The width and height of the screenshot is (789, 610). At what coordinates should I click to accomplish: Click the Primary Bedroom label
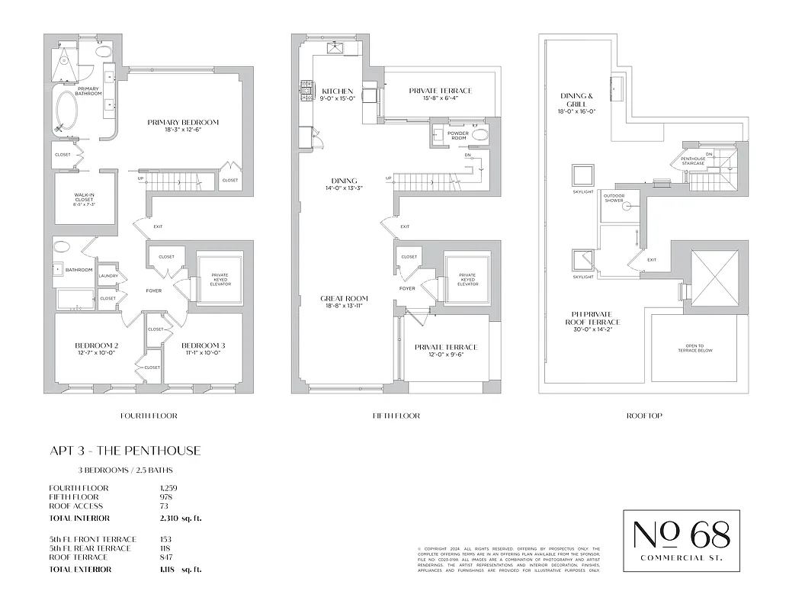coord(183,122)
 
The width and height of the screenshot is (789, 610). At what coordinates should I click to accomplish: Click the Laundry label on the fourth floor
coord(108,276)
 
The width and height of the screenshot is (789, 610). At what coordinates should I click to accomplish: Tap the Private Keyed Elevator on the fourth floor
coord(220,279)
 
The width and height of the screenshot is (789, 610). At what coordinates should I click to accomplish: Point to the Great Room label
coord(345,299)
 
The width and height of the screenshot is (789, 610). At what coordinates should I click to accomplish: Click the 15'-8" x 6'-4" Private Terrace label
coord(440,91)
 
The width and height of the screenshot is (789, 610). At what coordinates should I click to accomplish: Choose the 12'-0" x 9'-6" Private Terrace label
coord(446,348)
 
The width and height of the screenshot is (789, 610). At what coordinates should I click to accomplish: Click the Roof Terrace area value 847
coord(165,557)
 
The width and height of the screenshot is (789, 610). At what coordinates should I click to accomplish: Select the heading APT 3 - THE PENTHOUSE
coord(125,451)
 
